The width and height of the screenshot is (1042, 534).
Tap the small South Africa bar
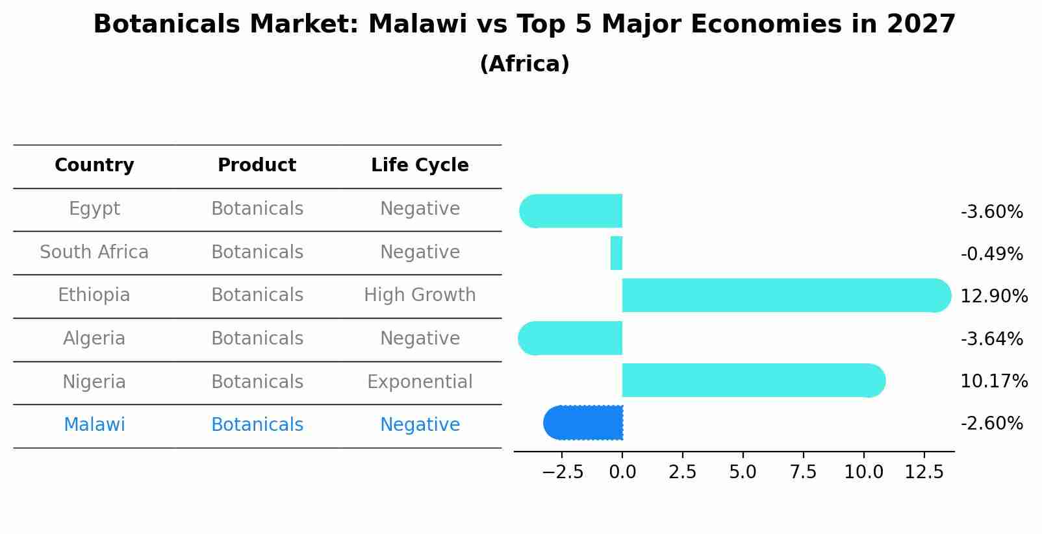coord(616,253)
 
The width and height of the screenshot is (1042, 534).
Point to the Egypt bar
coord(571,211)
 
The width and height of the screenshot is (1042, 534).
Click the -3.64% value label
coord(991,339)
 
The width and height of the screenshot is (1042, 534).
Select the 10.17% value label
coord(993,381)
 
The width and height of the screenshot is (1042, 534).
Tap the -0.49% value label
coord(991,254)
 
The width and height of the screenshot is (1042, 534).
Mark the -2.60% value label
coord(991,424)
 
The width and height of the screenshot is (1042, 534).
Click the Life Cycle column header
coord(420,165)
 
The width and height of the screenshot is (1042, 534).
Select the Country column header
coord(94,165)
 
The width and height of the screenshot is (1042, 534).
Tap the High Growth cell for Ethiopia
coord(420,295)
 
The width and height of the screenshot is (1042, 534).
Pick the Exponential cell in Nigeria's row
coord(420,382)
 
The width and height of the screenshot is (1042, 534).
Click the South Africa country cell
coord(94,252)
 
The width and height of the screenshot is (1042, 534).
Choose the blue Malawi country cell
coord(94,425)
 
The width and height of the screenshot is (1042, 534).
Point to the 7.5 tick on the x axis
coord(803,472)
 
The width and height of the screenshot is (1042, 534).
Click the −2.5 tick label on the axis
coord(563,472)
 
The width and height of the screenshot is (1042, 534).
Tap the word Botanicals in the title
coord(166,25)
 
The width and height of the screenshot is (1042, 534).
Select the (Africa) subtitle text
coord(524,64)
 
